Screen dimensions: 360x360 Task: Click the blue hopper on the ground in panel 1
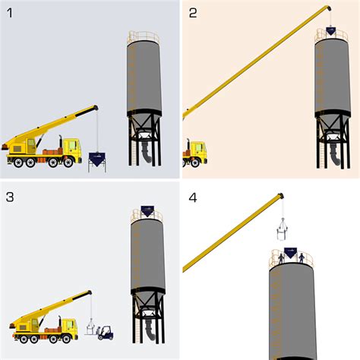[98, 159]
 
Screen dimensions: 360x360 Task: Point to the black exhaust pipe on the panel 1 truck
[62, 143]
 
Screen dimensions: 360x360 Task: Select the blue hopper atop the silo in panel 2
[332, 31]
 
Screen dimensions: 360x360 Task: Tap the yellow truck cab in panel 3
[68, 327]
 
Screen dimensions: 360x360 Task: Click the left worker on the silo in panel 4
[281, 258]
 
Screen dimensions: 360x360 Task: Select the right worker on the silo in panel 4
[301, 258]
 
